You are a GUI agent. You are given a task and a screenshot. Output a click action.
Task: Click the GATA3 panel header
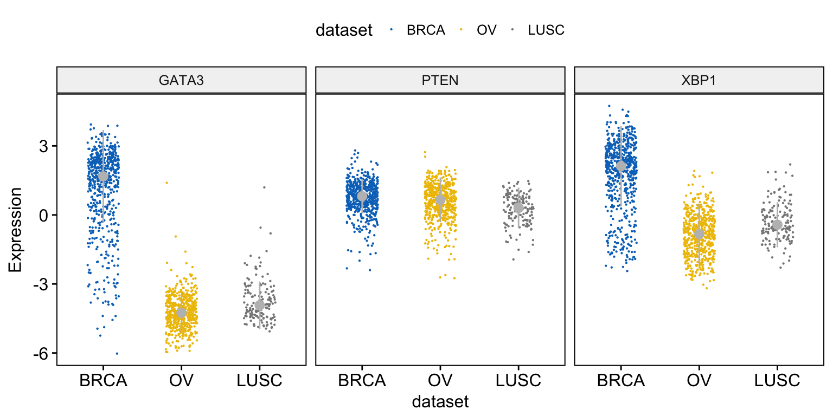181,80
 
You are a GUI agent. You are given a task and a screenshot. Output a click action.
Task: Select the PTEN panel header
440,80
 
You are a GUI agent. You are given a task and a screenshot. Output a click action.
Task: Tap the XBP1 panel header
699,80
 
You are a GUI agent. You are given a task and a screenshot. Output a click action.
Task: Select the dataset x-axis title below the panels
440,401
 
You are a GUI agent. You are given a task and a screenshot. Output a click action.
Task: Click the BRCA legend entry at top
425,30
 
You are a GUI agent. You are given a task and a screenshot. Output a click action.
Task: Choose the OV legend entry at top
486,30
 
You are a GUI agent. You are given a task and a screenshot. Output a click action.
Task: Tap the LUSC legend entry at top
546,30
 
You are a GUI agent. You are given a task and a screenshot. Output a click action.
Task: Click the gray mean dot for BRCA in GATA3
103,177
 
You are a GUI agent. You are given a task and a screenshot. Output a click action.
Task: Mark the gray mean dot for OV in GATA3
181,313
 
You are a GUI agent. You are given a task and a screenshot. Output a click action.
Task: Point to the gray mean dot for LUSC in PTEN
518,208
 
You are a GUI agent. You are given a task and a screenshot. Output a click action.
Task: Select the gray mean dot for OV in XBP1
699,234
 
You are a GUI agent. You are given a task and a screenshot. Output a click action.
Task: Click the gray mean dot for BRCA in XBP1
621,166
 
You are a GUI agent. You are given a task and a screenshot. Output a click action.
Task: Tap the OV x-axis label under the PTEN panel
440,381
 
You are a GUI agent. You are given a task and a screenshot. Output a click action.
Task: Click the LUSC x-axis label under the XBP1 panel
777,381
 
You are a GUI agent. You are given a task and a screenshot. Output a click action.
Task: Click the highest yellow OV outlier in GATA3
166,183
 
